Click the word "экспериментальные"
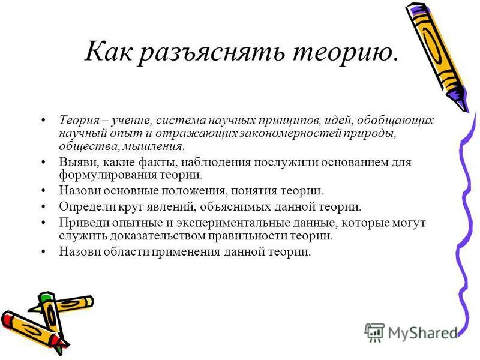tap(209, 223)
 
